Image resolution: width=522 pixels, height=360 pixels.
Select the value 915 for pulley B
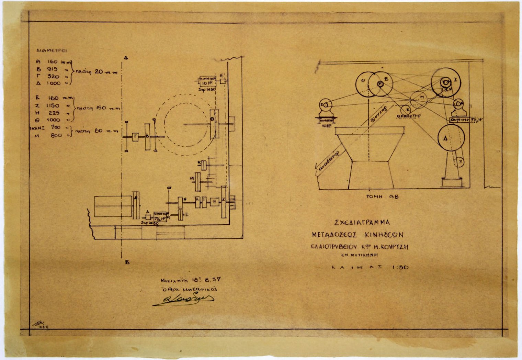point(52,69)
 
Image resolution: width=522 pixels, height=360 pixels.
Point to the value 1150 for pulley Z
point(53,105)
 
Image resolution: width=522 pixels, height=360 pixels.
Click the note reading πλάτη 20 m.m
point(96,72)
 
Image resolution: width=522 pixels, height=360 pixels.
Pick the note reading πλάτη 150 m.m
point(98,108)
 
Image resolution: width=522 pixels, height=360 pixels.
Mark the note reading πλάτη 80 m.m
point(97,131)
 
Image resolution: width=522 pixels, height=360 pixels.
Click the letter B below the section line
point(127,262)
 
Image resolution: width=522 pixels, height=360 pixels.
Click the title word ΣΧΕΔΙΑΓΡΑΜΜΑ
point(362,222)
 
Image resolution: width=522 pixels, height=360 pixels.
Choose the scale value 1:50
point(400,267)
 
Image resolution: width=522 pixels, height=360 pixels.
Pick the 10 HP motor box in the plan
point(208,81)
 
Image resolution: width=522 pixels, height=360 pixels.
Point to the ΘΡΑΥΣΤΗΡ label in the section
point(409,116)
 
